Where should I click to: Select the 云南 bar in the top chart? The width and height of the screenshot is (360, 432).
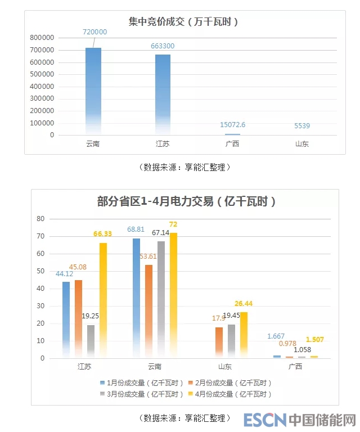coord(93,90)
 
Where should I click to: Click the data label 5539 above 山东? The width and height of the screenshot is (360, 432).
coord(302,125)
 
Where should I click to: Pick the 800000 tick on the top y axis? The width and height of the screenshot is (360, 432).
coord(43,38)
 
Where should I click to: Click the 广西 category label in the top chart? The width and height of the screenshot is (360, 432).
coord(232,144)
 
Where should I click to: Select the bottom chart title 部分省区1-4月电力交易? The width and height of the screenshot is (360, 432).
coord(186,201)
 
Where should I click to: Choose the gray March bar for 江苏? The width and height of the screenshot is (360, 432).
coord(91,341)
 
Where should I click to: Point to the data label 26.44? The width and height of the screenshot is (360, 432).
coord(245,304)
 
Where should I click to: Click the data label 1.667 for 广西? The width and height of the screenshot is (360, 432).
coord(276,336)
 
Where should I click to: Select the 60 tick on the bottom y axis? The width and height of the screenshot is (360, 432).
coord(40,253)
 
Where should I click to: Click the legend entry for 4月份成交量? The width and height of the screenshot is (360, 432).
coord(231,394)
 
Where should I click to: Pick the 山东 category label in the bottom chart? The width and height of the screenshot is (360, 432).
coord(225,367)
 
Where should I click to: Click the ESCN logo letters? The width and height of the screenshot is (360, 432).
coord(264,420)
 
